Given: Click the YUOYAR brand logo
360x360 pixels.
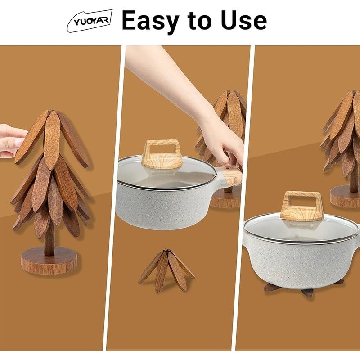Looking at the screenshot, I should [x=90, y=21].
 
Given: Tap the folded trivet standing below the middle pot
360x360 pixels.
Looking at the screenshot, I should [x=166, y=270].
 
